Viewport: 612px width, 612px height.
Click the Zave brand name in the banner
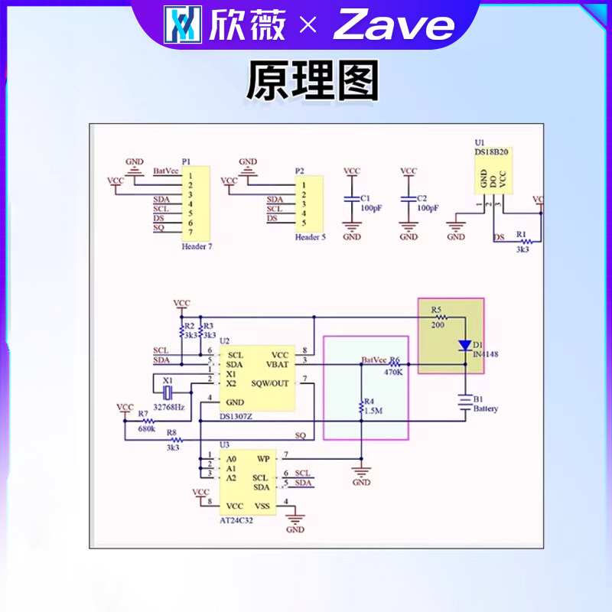(394, 26)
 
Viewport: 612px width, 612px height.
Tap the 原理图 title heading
(312, 81)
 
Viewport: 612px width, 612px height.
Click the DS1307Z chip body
(258, 379)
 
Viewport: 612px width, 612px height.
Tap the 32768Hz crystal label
(168, 408)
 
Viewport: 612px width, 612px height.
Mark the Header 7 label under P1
(197, 247)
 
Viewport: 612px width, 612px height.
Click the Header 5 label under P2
(311, 237)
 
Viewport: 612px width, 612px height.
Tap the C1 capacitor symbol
(352, 198)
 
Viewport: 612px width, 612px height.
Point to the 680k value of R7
(146, 429)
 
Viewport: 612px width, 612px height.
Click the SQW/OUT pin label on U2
(270, 384)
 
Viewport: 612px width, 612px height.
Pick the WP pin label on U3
(263, 459)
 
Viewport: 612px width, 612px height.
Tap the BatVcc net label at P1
(165, 171)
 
